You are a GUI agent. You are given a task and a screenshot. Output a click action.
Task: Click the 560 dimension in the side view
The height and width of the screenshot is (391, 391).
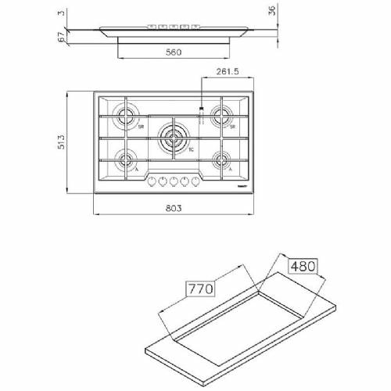pyautogui.click(x=174, y=52)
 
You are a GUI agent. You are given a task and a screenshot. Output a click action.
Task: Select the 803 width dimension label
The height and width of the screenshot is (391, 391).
pyautogui.click(x=174, y=208)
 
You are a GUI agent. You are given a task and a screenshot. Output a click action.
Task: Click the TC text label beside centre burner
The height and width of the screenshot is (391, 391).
pyautogui.click(x=192, y=151)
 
